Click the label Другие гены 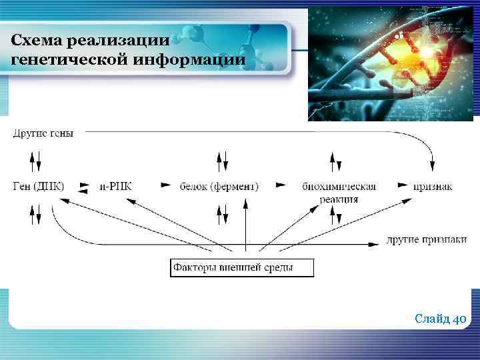[x=43, y=133]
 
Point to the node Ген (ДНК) [x=38, y=186]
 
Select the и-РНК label [x=115, y=186]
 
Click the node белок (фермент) [x=219, y=186]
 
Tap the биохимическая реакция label [x=339, y=191]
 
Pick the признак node [x=433, y=186]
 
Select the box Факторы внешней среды [x=241, y=268]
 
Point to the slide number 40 [x=459, y=319]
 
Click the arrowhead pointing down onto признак [x=433, y=165]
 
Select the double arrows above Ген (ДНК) [x=36, y=160]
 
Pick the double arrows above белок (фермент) [x=223, y=160]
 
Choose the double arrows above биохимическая [x=336, y=160]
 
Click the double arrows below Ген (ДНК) [x=36, y=213]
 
